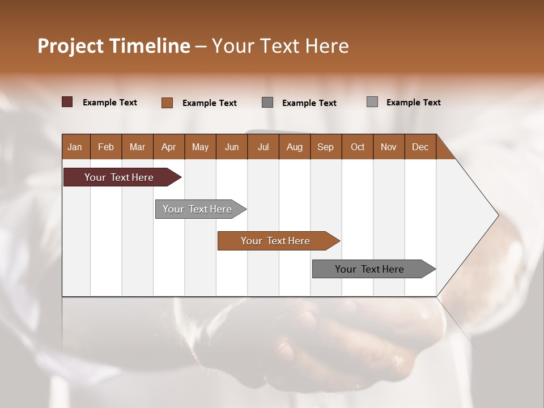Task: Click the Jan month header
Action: (x=75, y=147)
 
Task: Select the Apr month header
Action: (x=169, y=147)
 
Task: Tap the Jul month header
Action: (x=263, y=147)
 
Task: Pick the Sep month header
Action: (x=325, y=147)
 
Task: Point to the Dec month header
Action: (x=420, y=147)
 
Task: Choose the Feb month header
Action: (x=106, y=147)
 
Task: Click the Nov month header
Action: (x=389, y=147)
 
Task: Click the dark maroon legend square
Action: (x=67, y=102)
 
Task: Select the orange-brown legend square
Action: (x=167, y=103)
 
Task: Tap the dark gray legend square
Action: (x=267, y=103)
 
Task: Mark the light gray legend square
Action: (x=372, y=102)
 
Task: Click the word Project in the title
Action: (x=70, y=46)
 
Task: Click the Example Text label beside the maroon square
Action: (x=110, y=103)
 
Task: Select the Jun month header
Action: (x=232, y=147)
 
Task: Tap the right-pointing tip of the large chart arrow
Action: (x=497, y=215)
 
